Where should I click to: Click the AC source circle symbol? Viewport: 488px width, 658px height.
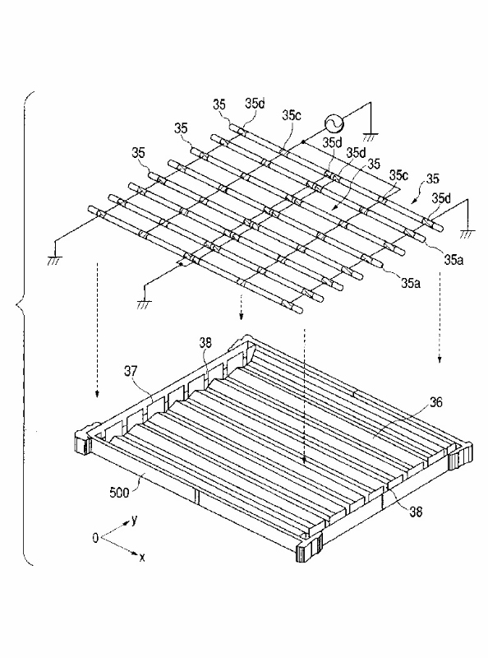pos(334,123)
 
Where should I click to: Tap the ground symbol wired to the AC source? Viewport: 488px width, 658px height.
pos(371,137)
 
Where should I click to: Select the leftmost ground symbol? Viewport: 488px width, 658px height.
pos(55,260)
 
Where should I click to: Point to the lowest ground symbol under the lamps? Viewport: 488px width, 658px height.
pos(144,304)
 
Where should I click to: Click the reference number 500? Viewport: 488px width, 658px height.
pos(119,492)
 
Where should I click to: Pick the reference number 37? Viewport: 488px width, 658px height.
pos(131,370)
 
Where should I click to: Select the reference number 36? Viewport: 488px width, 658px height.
pos(436,402)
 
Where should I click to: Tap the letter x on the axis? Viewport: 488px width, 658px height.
pos(142,558)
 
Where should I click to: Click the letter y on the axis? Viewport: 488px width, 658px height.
pos(134,521)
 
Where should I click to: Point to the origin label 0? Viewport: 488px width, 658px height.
pos(95,538)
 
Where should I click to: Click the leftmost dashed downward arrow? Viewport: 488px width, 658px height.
pos(97,330)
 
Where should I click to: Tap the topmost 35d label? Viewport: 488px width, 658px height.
pos(256,104)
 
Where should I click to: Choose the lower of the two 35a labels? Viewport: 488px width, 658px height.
pos(411,284)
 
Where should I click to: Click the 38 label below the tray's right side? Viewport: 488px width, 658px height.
pos(416,512)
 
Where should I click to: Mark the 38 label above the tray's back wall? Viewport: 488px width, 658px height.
pos(205,343)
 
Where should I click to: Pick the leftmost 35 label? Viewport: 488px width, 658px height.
pos(138,153)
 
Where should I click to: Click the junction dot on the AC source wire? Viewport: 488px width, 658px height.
pos(302,142)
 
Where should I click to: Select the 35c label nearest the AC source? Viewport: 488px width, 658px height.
pos(292,115)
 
